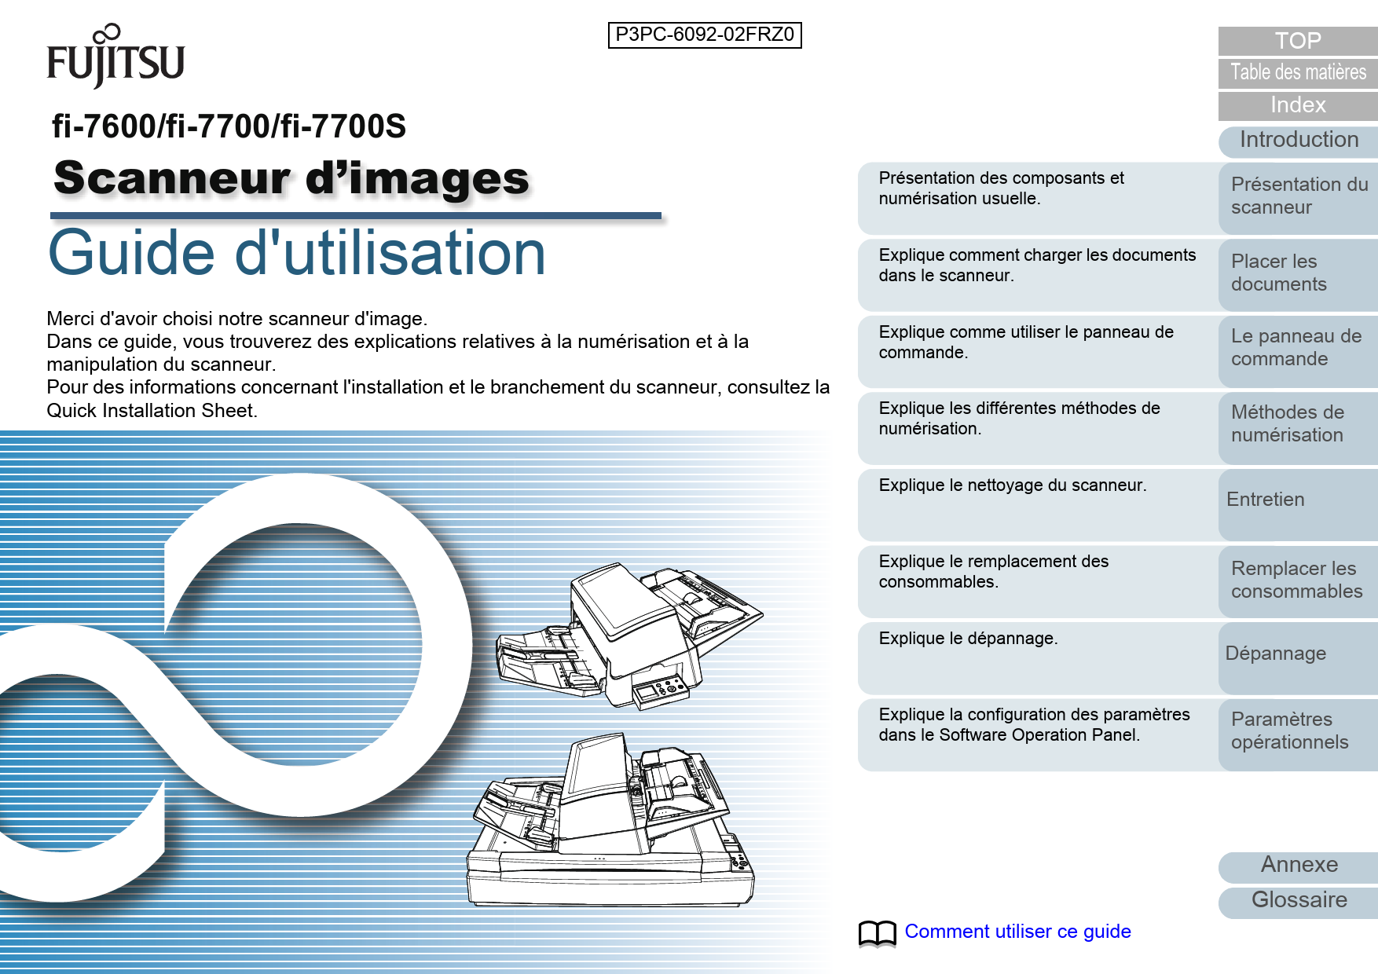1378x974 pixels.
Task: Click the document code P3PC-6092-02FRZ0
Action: click(705, 35)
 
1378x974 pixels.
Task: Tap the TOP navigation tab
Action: click(1297, 41)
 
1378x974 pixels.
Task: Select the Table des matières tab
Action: click(1297, 72)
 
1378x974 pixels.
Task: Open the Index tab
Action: click(1297, 105)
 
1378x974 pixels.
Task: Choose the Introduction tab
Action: click(1299, 140)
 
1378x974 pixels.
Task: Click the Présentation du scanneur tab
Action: click(1299, 196)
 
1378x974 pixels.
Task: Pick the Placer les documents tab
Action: click(1299, 273)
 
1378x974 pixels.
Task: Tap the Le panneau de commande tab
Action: click(1299, 348)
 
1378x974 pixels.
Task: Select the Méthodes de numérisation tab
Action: click(1299, 424)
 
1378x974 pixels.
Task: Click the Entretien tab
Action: click(1299, 500)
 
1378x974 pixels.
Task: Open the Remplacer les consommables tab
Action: click(1299, 580)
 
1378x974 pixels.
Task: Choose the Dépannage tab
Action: click(1299, 654)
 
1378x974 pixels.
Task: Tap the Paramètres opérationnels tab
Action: click(1299, 730)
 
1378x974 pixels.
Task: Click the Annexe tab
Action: click(1299, 865)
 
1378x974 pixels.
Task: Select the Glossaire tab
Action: click(1299, 900)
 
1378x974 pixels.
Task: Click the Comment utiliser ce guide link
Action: click(1017, 932)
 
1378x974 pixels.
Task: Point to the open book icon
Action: click(877, 932)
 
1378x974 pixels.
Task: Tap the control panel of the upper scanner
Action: click(661, 689)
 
